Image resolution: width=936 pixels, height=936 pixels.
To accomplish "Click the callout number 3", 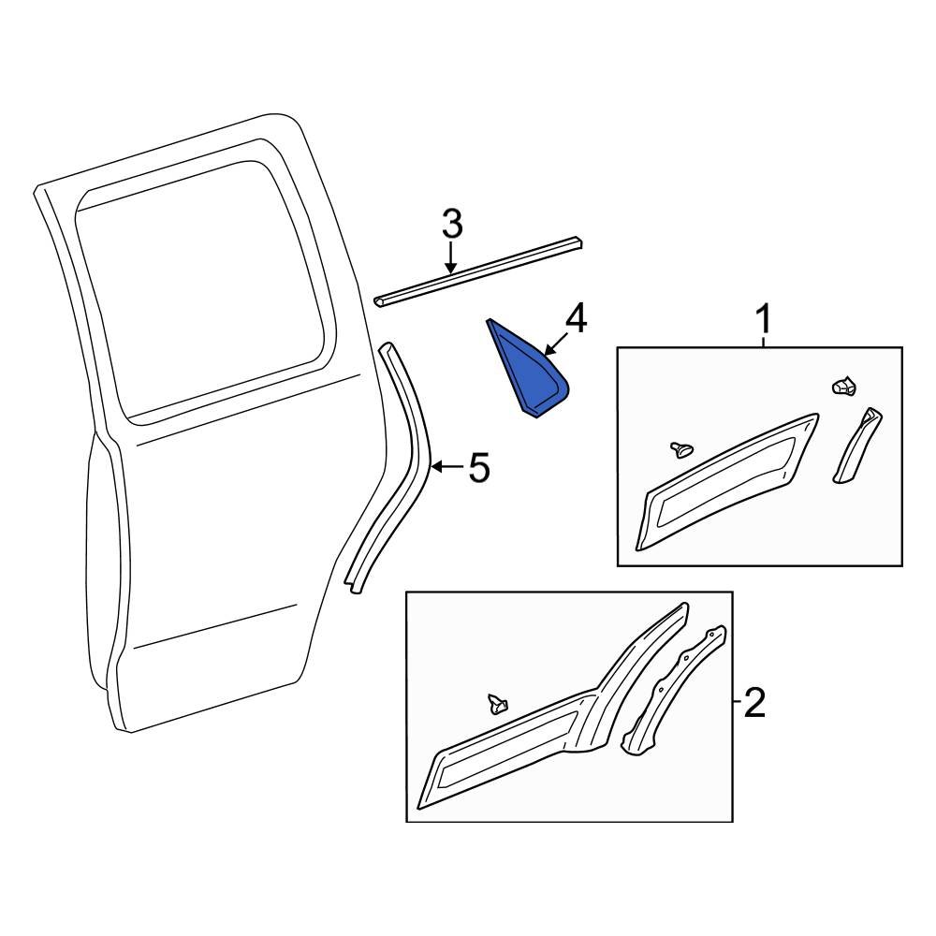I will coord(451,225).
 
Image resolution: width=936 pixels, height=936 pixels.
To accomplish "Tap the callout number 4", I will coord(575,319).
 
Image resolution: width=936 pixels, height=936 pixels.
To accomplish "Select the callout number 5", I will coord(479,467).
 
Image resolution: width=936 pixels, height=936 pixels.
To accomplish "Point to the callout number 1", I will coord(764,320).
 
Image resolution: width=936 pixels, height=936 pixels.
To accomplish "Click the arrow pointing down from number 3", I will coord(451,257).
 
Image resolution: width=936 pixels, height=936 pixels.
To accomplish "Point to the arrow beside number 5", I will coord(444,466).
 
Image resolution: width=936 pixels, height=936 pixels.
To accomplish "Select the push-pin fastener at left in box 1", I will coord(680,450).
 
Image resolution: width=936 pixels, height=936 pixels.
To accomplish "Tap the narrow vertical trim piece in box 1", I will coord(856,445).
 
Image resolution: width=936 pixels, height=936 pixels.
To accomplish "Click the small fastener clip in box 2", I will coord(496,703).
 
